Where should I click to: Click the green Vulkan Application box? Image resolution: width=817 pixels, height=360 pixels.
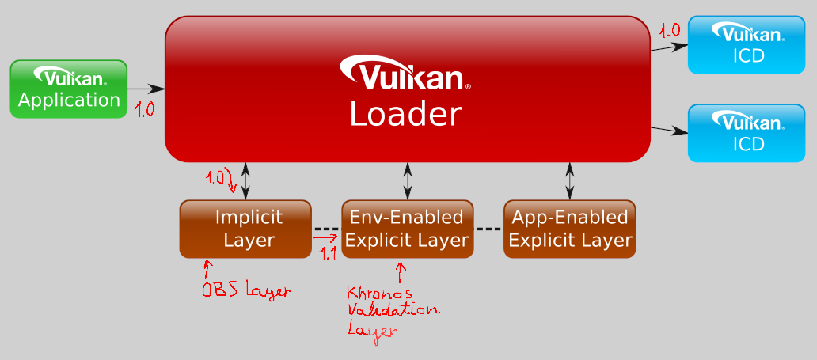click(x=69, y=89)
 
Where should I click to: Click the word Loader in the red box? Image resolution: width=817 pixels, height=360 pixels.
click(x=405, y=115)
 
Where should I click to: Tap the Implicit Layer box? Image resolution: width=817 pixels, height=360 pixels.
click(x=245, y=229)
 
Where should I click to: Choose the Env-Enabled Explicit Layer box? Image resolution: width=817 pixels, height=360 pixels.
click(x=407, y=229)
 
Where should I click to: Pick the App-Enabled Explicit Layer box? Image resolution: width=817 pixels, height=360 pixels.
click(x=570, y=229)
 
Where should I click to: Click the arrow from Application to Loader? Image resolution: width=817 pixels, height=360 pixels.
click(x=146, y=89)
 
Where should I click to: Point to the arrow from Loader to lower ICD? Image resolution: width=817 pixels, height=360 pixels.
click(x=668, y=130)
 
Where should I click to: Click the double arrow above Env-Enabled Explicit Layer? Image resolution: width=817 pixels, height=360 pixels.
click(x=408, y=181)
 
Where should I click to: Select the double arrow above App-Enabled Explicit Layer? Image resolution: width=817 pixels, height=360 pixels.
click(x=570, y=181)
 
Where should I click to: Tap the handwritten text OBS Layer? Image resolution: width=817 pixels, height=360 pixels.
click(x=245, y=290)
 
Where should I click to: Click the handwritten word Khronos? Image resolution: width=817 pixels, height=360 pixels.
click(x=376, y=294)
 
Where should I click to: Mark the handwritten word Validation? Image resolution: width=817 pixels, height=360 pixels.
click(x=393, y=311)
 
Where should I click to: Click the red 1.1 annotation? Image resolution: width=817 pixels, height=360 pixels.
click(x=327, y=253)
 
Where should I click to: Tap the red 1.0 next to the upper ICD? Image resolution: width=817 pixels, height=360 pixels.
click(x=669, y=31)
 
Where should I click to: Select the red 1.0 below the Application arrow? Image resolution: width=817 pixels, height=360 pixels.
click(x=143, y=109)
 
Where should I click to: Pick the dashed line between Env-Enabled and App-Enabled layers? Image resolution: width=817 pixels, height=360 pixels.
click(x=488, y=229)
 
